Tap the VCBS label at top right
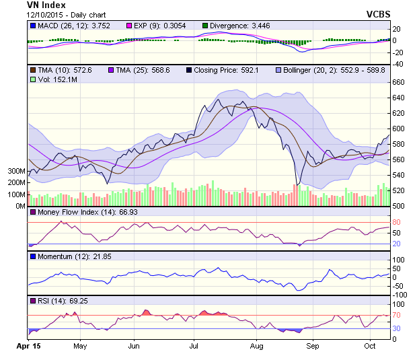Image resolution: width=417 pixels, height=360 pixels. (379, 13)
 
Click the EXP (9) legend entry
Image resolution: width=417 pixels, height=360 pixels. (159, 26)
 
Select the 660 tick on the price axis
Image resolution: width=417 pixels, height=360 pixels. (399, 82)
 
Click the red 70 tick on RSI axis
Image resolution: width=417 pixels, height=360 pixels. (397, 314)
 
